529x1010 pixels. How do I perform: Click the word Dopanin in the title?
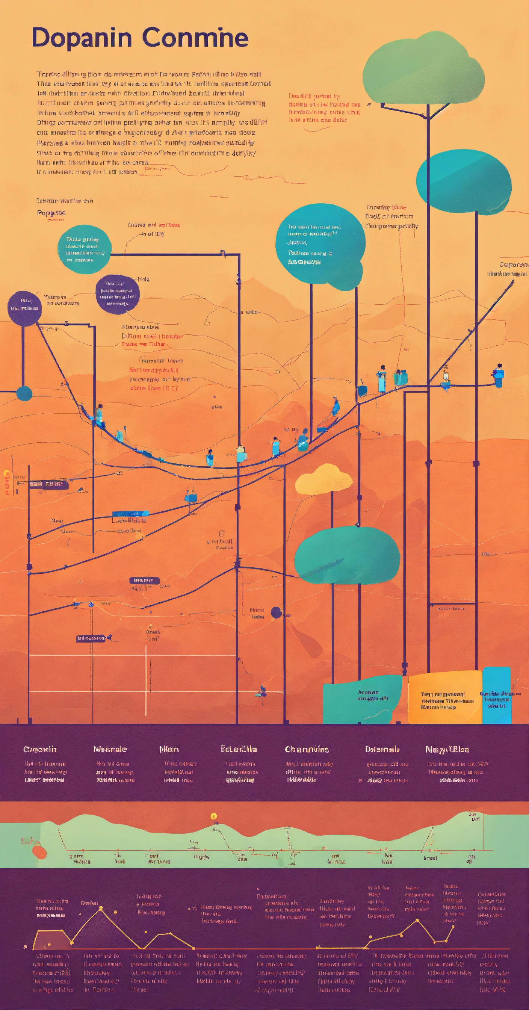(82, 38)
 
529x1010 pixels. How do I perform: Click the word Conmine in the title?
(195, 38)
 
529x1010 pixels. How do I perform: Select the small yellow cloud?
(323, 479)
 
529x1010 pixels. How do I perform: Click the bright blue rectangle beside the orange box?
(496, 695)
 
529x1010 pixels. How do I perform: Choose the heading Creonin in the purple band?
(40, 749)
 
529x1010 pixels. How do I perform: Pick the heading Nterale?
(110, 749)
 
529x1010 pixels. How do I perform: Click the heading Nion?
(169, 749)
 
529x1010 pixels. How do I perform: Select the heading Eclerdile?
(239, 749)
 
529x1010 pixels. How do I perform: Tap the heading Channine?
(307, 749)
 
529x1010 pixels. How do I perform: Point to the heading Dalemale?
(382, 749)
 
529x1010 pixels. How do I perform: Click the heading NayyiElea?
(447, 749)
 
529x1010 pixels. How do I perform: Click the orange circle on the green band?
(39, 852)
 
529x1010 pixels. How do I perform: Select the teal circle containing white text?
(84, 249)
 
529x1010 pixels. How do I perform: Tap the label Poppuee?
(51, 213)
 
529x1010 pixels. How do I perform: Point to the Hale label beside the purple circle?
(144, 280)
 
